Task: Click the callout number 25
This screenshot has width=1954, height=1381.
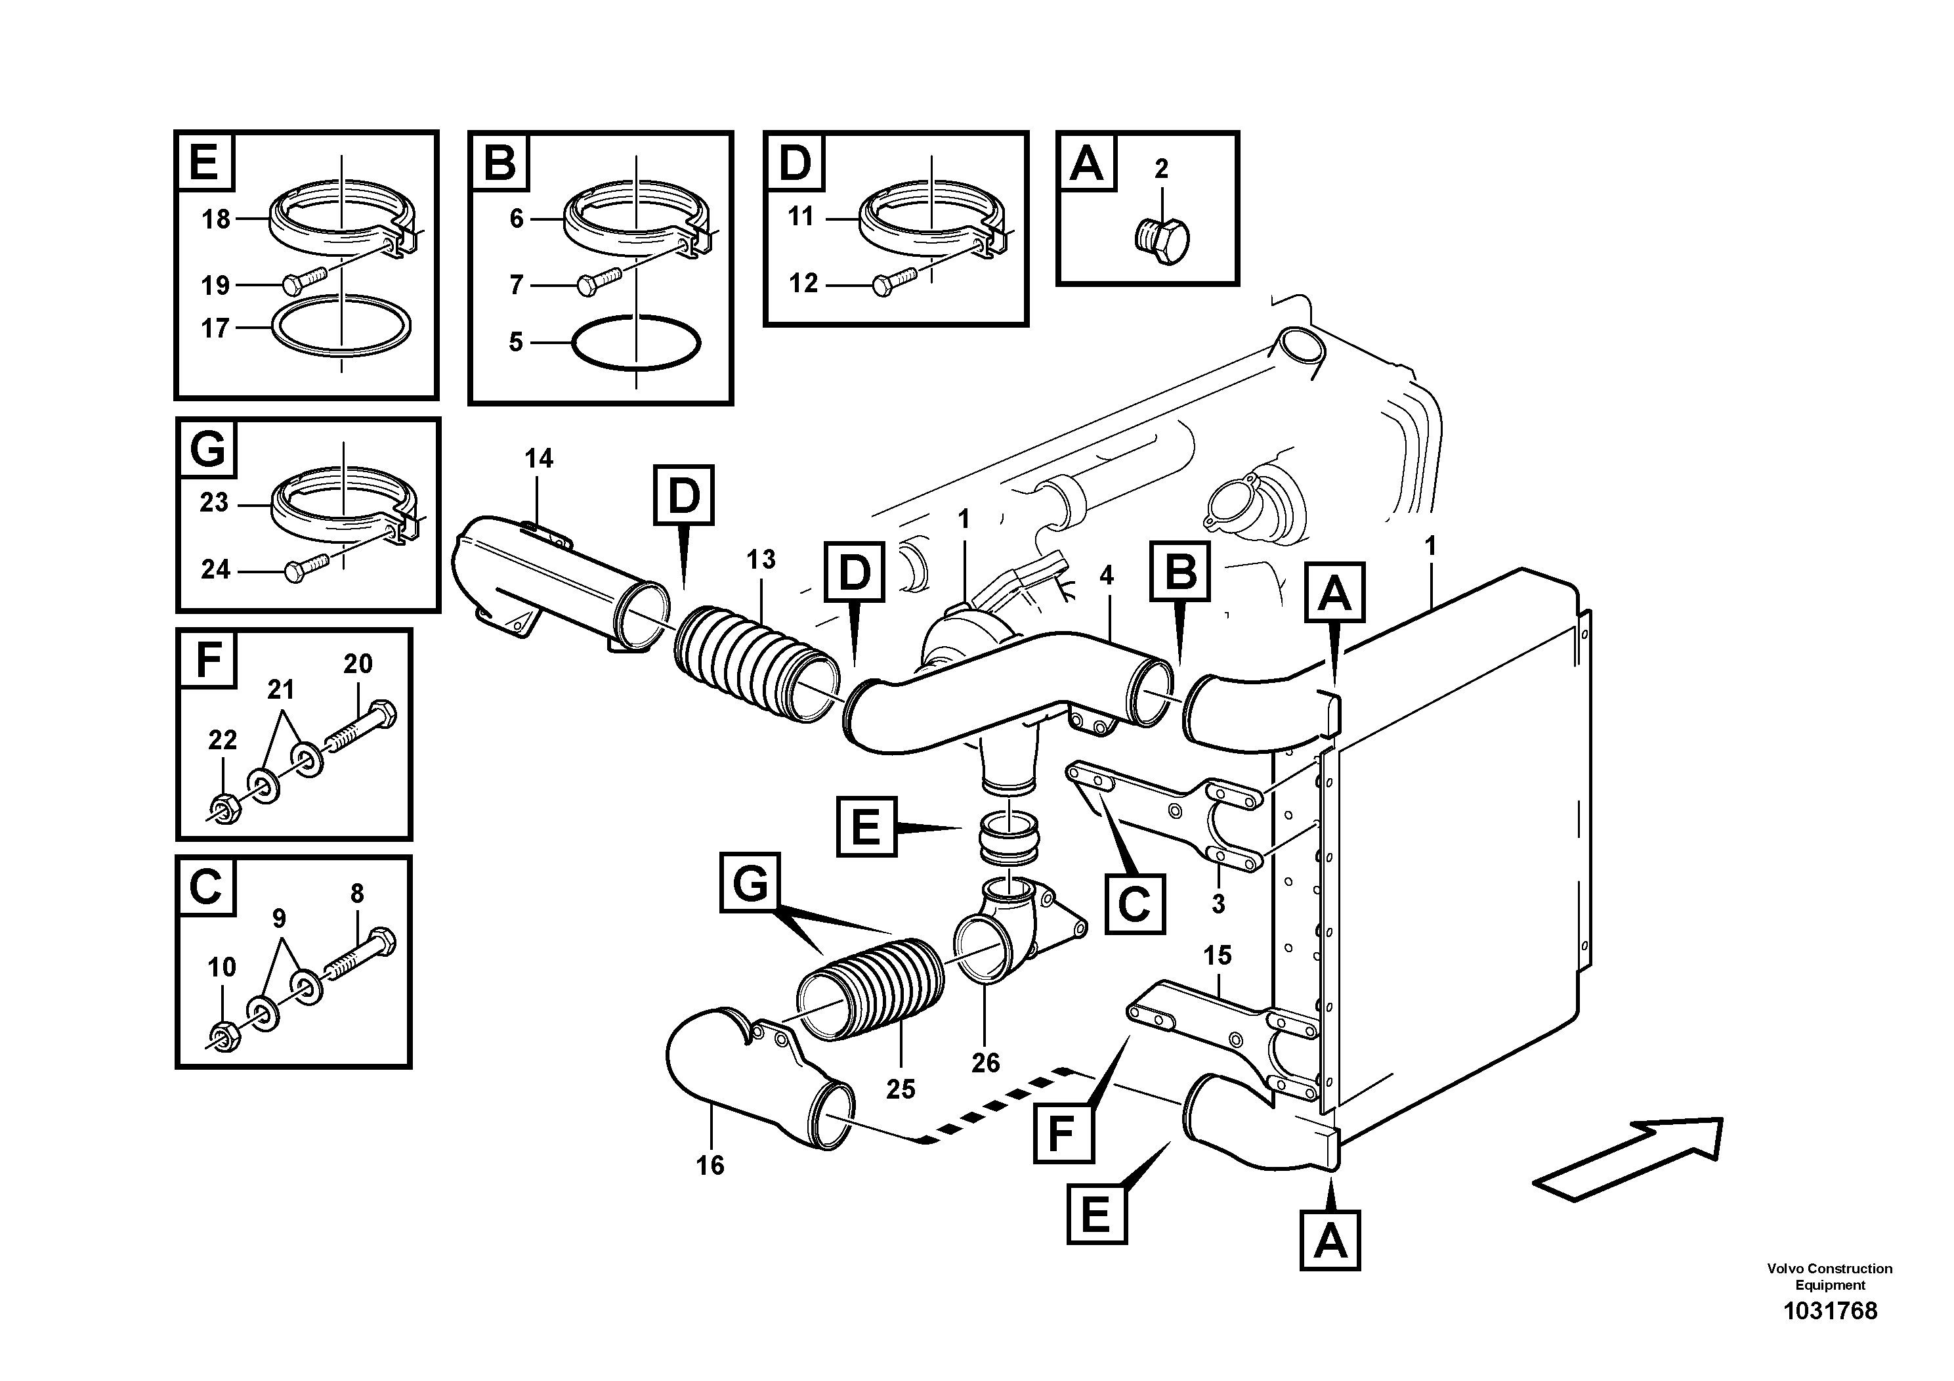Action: coord(901,1089)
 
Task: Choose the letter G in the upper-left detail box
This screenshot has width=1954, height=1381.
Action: coord(207,449)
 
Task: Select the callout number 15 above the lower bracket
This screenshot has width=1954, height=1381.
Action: coord(1217,955)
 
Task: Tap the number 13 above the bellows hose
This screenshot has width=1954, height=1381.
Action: coord(761,560)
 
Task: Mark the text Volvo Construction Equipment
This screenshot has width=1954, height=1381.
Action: coord(1830,1277)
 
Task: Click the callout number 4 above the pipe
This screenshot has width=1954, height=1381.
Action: coord(1107,577)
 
